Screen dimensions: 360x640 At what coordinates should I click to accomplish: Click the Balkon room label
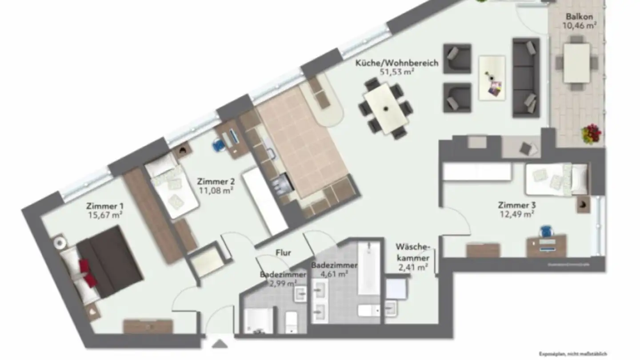coord(579,16)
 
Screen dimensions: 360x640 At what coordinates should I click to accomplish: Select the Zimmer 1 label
coord(105,206)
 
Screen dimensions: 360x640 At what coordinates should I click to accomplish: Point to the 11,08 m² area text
coord(216,190)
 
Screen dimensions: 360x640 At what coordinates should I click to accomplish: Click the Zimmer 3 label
coord(516,205)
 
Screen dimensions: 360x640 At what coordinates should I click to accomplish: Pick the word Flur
coord(283,253)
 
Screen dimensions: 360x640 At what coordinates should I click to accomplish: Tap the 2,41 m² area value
coord(413,267)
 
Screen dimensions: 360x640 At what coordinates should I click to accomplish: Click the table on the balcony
coord(576,62)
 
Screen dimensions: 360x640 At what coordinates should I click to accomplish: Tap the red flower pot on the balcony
coord(591,133)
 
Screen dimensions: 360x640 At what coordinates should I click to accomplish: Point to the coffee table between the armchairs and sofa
coord(492,78)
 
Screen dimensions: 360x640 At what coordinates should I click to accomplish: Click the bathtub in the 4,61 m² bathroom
coord(369,268)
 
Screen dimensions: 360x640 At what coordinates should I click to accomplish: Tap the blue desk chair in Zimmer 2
coord(218,144)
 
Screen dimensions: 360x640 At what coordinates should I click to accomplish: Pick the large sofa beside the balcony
coord(526,78)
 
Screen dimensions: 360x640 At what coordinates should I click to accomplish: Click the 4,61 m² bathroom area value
coord(329,274)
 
